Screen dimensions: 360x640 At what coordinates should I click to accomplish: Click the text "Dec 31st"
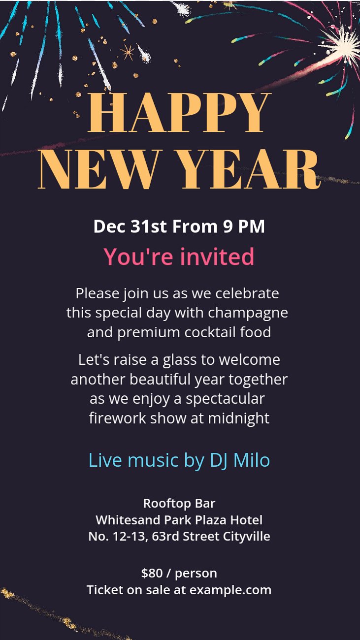[x=130, y=226]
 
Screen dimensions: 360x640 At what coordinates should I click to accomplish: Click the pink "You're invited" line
[x=179, y=256]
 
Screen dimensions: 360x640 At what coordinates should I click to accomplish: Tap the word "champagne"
[x=248, y=313]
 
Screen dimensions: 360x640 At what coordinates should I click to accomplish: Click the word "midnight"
[x=238, y=418]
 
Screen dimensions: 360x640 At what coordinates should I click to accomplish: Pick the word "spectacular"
[x=226, y=399]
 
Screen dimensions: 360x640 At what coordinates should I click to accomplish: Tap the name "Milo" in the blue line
[x=252, y=460]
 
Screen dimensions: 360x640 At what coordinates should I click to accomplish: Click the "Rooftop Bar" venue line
[x=179, y=504]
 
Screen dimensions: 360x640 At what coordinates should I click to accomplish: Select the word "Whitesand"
[x=128, y=520]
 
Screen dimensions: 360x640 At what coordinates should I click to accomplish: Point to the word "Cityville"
[x=247, y=536]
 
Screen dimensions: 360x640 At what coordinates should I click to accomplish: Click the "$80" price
[x=152, y=573]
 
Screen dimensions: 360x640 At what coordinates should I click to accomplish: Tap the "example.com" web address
[x=230, y=590]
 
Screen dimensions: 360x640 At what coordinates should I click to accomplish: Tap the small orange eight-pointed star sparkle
[x=128, y=52]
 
